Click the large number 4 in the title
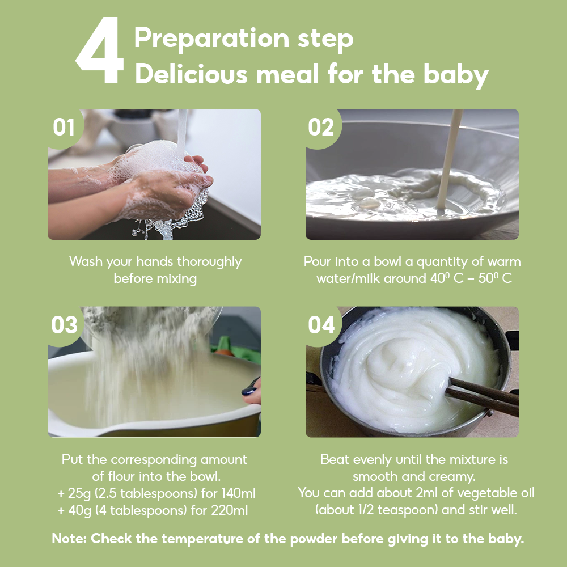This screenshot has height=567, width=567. pyautogui.click(x=100, y=52)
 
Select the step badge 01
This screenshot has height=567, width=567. pyautogui.click(x=64, y=128)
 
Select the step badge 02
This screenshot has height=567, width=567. pyautogui.click(x=321, y=128)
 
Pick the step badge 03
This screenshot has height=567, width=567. pyautogui.click(x=64, y=325)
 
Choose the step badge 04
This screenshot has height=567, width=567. pyautogui.click(x=321, y=325)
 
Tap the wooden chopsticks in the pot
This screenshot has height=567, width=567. pyautogui.click(x=482, y=397)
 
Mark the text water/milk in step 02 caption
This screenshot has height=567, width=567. pyautogui.click(x=348, y=279)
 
